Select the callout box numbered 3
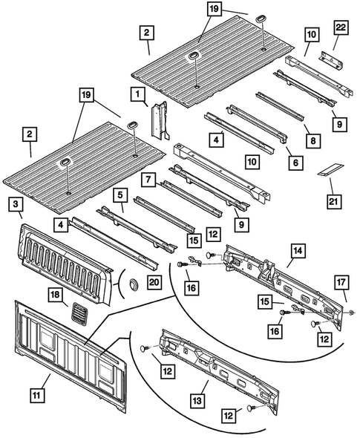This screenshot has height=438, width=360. (x=17, y=205)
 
